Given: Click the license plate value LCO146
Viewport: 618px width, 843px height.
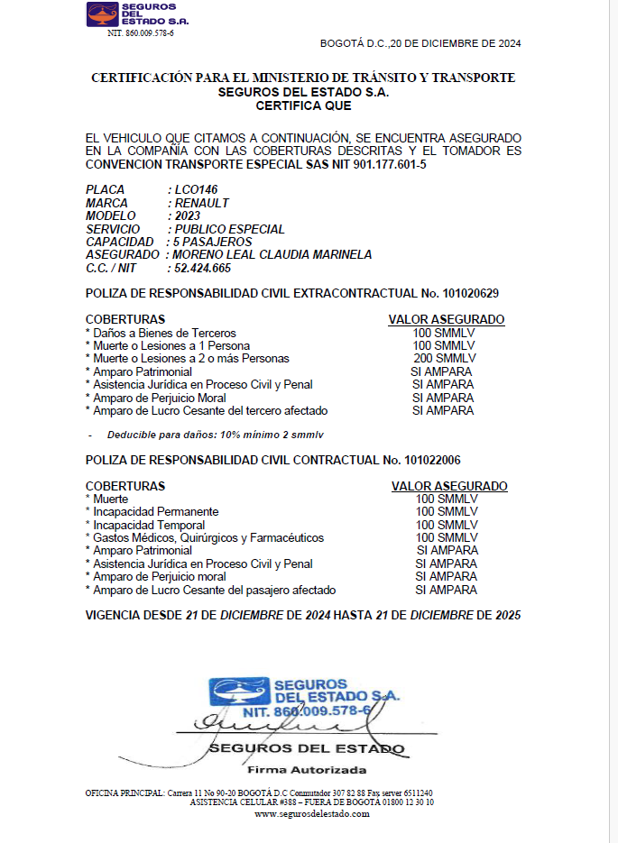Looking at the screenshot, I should (198, 190).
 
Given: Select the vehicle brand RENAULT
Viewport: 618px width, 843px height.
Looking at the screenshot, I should (202, 204).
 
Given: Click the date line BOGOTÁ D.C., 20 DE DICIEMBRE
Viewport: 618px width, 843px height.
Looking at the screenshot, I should (420, 43).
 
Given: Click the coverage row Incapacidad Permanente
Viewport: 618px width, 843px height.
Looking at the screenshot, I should (155, 512).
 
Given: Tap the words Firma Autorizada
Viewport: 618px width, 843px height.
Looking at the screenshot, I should (307, 770).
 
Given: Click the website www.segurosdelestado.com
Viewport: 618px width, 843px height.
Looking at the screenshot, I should (312, 813).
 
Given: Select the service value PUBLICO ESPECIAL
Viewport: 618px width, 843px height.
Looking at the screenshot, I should (229, 229).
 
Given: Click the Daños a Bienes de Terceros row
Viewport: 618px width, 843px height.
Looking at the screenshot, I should (163, 333).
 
